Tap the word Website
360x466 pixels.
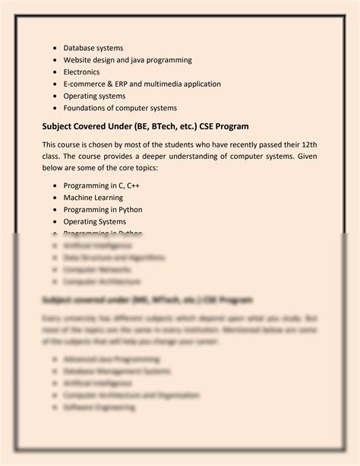[81, 60]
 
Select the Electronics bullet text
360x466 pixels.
[81, 72]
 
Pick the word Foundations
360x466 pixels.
[87, 108]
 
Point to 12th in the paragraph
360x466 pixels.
[306, 144]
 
